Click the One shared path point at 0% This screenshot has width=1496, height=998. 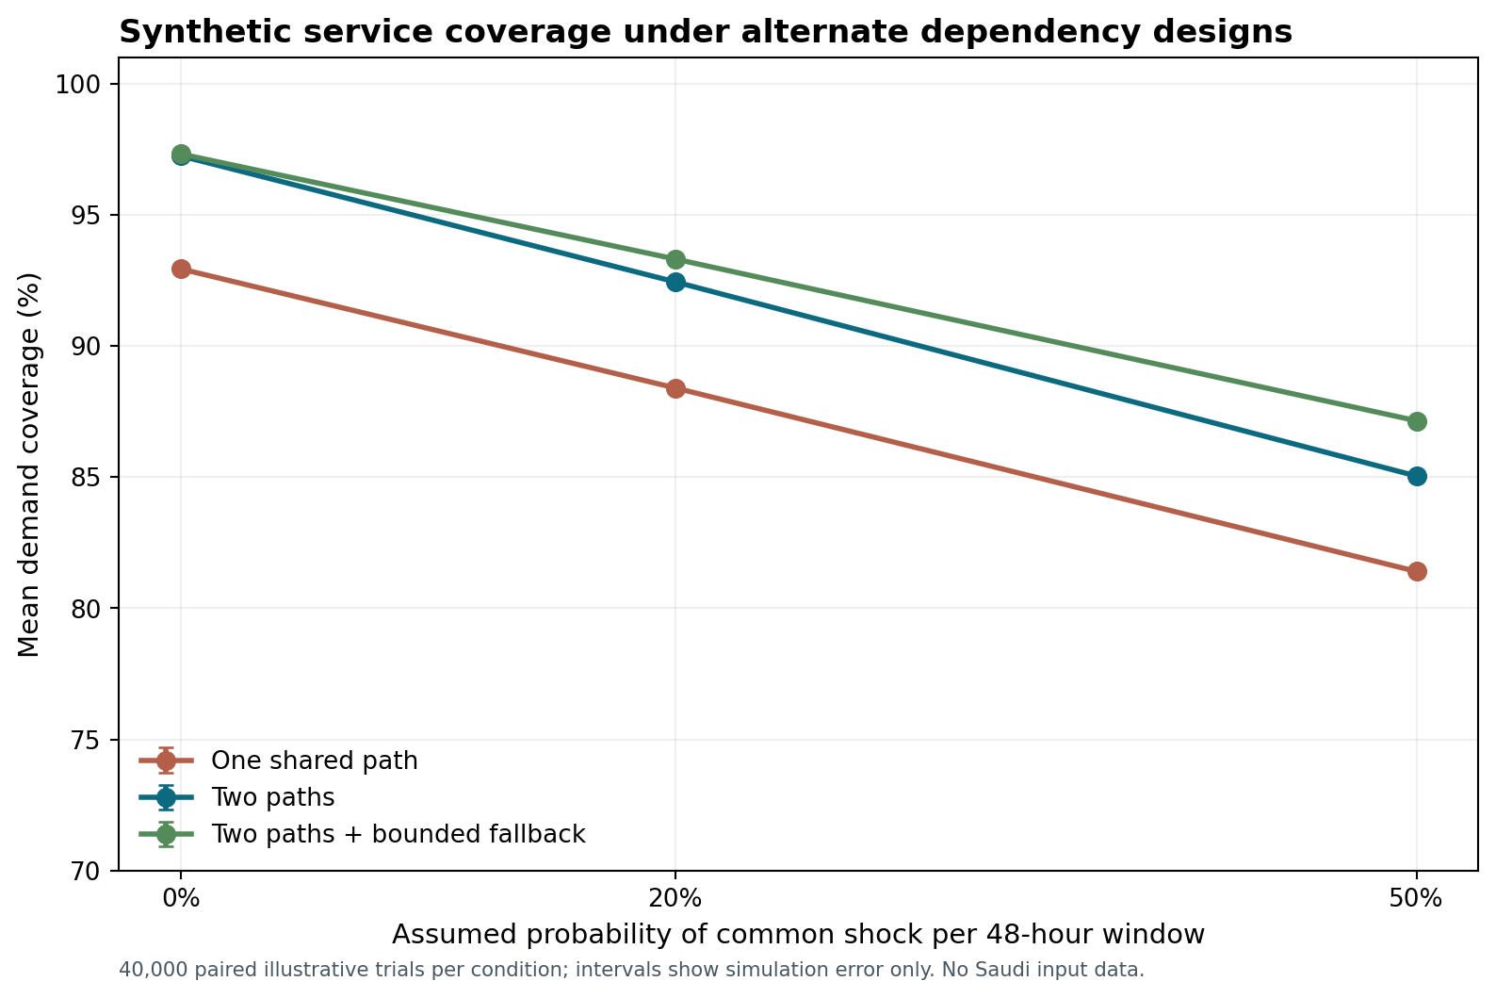(x=181, y=270)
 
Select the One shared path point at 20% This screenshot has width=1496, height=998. (x=675, y=389)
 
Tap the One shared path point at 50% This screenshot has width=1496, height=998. (x=1417, y=571)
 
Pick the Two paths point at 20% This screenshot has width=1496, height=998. (x=675, y=283)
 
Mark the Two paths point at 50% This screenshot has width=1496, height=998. (x=1417, y=476)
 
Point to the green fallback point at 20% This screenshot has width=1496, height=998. (x=675, y=259)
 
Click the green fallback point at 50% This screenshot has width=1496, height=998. (x=1417, y=421)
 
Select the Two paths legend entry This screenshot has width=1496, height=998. (x=237, y=797)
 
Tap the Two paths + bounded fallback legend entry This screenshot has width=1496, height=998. (x=362, y=834)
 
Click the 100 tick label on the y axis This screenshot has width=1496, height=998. (x=77, y=85)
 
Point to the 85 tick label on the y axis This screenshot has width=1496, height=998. (x=85, y=478)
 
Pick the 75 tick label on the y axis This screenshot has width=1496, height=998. (x=85, y=740)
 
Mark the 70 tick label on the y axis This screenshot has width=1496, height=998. (x=85, y=871)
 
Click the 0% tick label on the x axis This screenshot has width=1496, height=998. (x=181, y=899)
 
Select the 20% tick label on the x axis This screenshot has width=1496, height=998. (x=675, y=899)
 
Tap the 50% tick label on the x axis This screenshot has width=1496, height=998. (x=1417, y=899)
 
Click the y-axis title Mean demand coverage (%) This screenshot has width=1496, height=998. (x=28, y=465)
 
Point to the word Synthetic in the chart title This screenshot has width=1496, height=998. (x=201, y=32)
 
